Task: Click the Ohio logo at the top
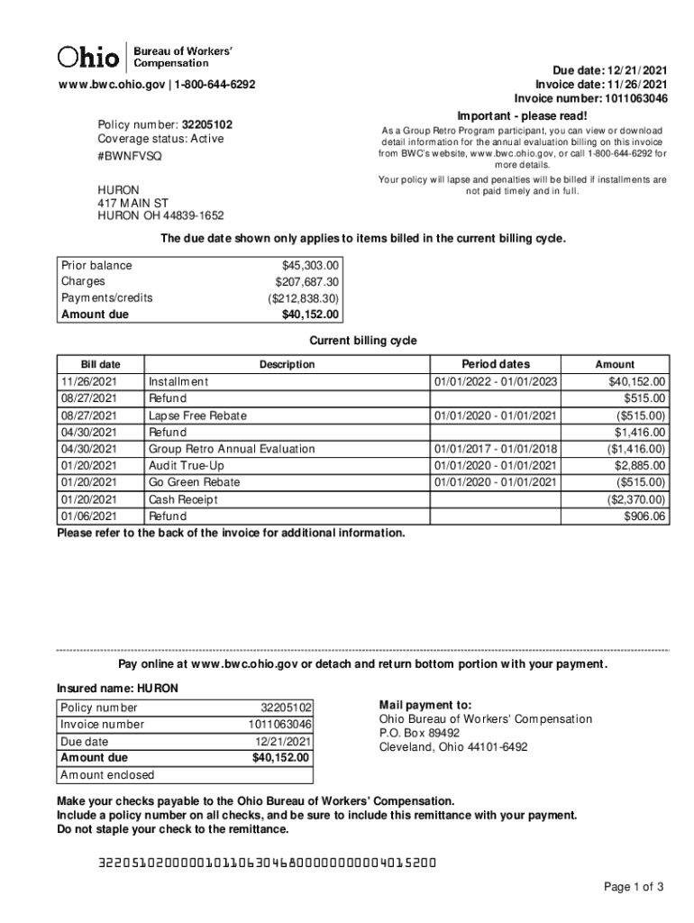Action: click(x=88, y=57)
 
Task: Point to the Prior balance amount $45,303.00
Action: click(x=310, y=265)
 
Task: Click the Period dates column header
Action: click(x=496, y=364)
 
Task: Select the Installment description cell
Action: click(x=178, y=381)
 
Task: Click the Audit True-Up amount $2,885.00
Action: click(x=639, y=466)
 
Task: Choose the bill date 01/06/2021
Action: click(x=88, y=516)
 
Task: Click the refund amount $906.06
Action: click(x=644, y=516)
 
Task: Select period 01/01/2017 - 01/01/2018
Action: click(x=496, y=449)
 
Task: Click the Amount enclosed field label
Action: click(x=107, y=775)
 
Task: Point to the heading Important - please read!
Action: click(x=522, y=116)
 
